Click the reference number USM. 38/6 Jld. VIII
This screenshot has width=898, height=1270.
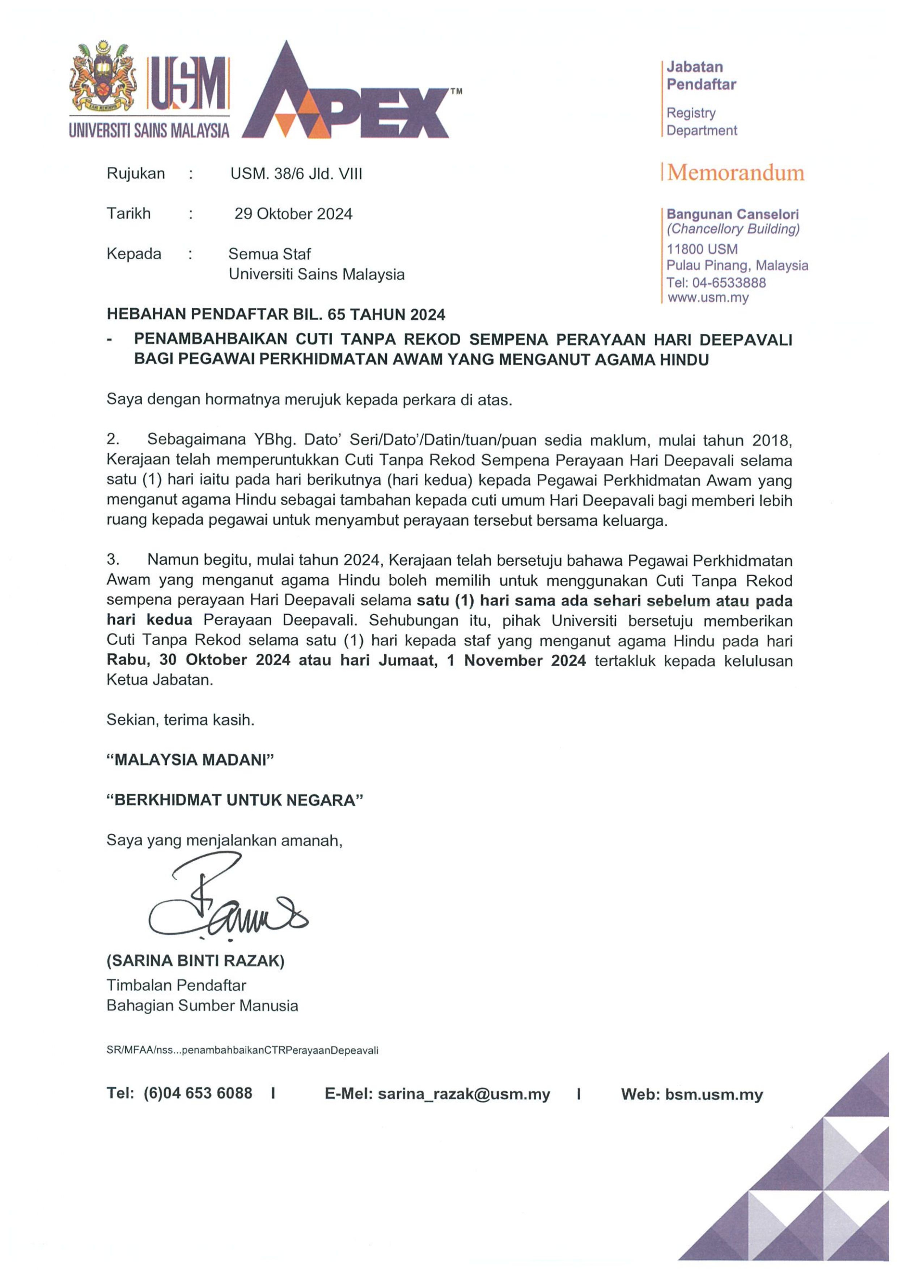pos(296,174)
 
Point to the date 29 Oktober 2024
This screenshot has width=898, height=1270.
pos(293,214)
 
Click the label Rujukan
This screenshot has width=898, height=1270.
pos(136,174)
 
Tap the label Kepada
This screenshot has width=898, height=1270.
pos(134,254)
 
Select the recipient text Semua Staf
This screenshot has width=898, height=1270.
pos(270,254)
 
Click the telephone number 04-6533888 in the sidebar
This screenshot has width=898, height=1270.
pos(729,283)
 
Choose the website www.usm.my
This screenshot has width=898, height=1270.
pos(708,298)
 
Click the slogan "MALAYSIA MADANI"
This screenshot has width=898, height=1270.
pos(190,760)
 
